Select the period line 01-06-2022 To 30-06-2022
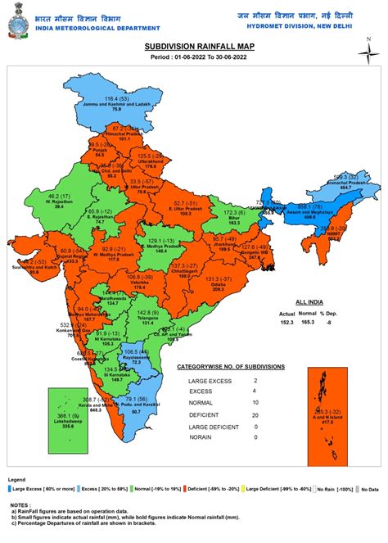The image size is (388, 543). (x=194, y=59)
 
